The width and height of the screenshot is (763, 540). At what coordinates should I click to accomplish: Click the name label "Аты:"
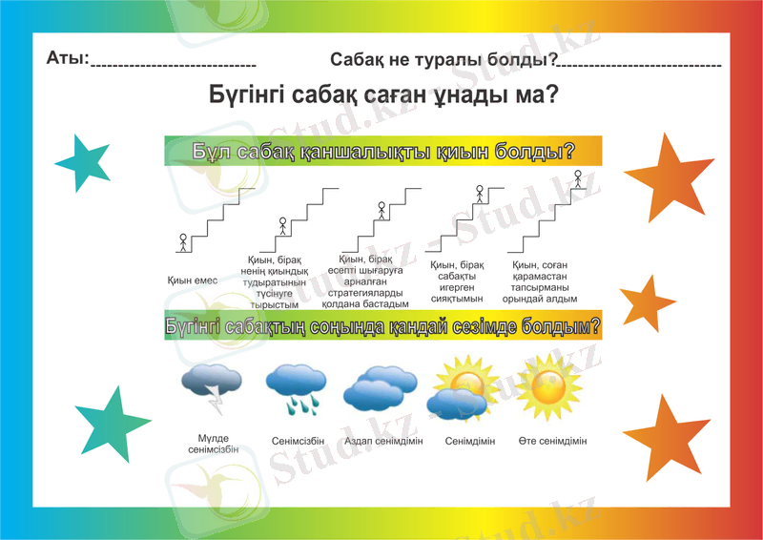[x=67, y=59]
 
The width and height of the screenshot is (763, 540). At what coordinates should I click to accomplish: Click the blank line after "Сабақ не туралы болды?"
[x=639, y=65]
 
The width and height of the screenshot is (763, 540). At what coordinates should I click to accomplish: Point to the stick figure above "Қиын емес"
[x=183, y=241]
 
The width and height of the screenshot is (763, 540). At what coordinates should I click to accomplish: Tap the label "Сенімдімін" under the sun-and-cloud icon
[x=469, y=441]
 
